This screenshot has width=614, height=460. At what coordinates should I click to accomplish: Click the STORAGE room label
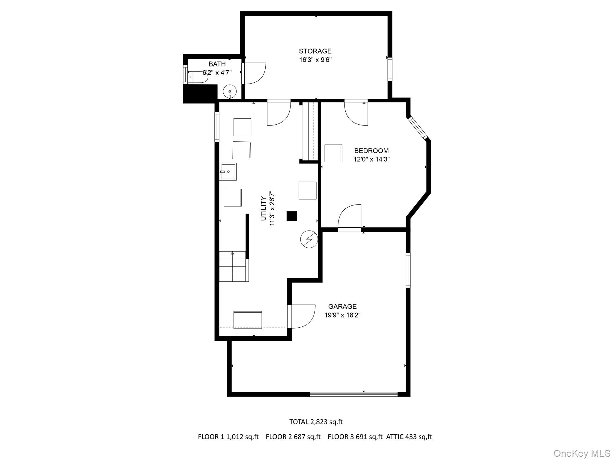pos(315,51)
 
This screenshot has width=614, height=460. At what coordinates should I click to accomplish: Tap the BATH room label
pos(217,64)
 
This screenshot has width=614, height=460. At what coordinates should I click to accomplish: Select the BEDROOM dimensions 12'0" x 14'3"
pos(371,159)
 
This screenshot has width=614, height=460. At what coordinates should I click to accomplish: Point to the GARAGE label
pos(342,306)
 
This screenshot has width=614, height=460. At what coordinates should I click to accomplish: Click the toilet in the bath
pos(198,77)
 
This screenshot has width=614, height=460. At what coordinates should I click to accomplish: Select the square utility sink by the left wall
pos(228,172)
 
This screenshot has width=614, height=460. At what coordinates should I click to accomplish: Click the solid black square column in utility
pos(292,216)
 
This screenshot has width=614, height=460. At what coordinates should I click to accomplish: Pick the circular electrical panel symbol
pos(309,239)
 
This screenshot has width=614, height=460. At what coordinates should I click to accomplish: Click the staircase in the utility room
pos(233,266)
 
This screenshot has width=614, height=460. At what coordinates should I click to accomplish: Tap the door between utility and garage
pos(301,316)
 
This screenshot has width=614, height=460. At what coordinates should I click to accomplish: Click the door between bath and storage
pos(254,73)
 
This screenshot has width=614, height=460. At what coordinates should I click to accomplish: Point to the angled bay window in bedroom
pos(417,128)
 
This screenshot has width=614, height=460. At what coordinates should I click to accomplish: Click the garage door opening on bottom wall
pos(354,394)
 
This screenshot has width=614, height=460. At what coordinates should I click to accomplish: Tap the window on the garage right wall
pos(408,270)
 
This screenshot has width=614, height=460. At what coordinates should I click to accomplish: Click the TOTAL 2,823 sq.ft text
pos(316,422)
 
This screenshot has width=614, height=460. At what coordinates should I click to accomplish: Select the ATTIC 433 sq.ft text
pos(409,437)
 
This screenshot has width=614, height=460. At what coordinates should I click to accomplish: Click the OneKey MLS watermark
pos(582,453)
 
